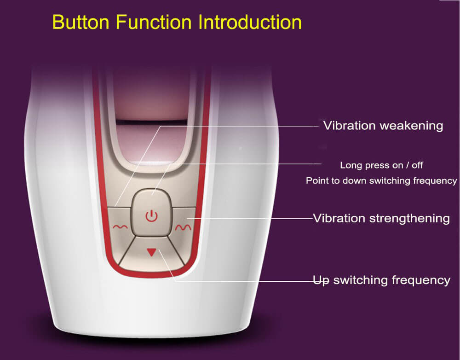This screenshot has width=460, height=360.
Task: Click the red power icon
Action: coord(152,216)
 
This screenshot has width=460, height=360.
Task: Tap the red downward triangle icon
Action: coord(152,252)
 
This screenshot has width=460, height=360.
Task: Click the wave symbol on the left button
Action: coord(120,226)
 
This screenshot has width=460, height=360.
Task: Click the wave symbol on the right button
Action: coord(183,226)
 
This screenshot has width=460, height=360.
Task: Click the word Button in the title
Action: coord(81,22)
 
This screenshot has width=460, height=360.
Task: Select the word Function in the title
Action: coord(154,22)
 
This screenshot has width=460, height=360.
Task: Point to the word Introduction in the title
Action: coord(250,22)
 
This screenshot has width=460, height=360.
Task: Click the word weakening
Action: coord(412,126)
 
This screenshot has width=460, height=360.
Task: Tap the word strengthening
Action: coord(409,219)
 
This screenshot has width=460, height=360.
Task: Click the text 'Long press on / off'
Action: coord(381,165)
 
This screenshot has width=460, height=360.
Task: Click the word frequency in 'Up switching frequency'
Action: coord(421,280)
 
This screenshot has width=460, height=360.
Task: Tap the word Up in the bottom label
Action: coord(321,281)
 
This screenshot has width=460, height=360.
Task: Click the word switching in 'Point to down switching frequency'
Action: coord(390,181)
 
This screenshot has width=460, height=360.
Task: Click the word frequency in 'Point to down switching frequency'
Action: coord(435,181)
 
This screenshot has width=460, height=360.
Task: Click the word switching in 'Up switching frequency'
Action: coord(361,280)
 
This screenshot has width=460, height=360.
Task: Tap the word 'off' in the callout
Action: coord(417,165)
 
